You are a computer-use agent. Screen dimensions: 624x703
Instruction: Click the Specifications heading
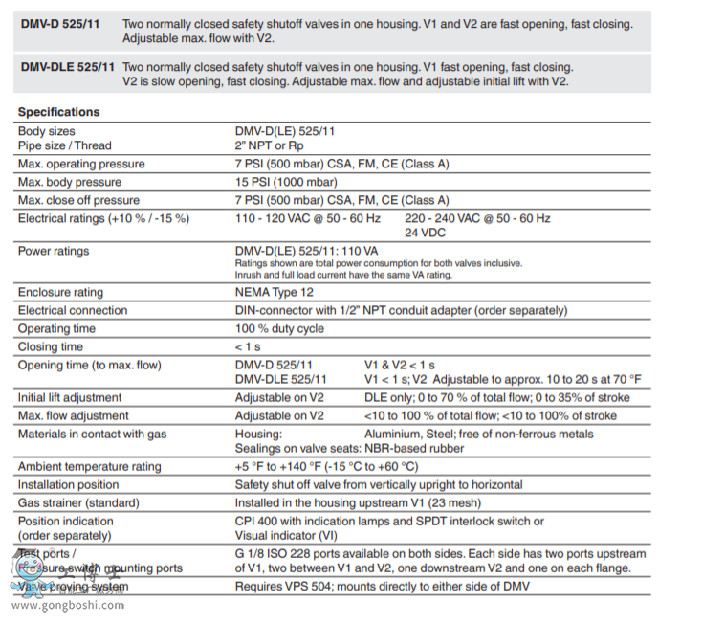coord(58,112)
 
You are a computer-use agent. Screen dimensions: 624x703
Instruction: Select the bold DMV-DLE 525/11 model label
coord(67,68)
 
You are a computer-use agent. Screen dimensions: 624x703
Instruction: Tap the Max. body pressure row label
coord(70,182)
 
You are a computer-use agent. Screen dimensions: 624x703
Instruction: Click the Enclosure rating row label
coord(61,292)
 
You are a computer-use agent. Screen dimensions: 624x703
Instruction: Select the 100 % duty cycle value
coord(279,328)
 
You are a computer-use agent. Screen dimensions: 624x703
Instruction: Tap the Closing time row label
coord(51,346)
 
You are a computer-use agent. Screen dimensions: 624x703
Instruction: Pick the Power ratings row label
coord(54,251)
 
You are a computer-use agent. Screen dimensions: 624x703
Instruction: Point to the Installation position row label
coord(71,484)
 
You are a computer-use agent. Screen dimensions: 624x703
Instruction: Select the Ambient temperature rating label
coord(90,466)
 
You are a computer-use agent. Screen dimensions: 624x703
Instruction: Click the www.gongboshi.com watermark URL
coord(67,605)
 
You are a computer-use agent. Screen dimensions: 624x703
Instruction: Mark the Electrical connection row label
coord(73,310)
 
